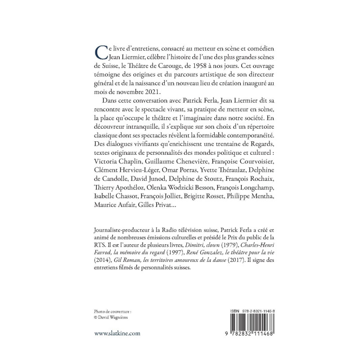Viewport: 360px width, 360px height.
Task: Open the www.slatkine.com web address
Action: tap(118, 333)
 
